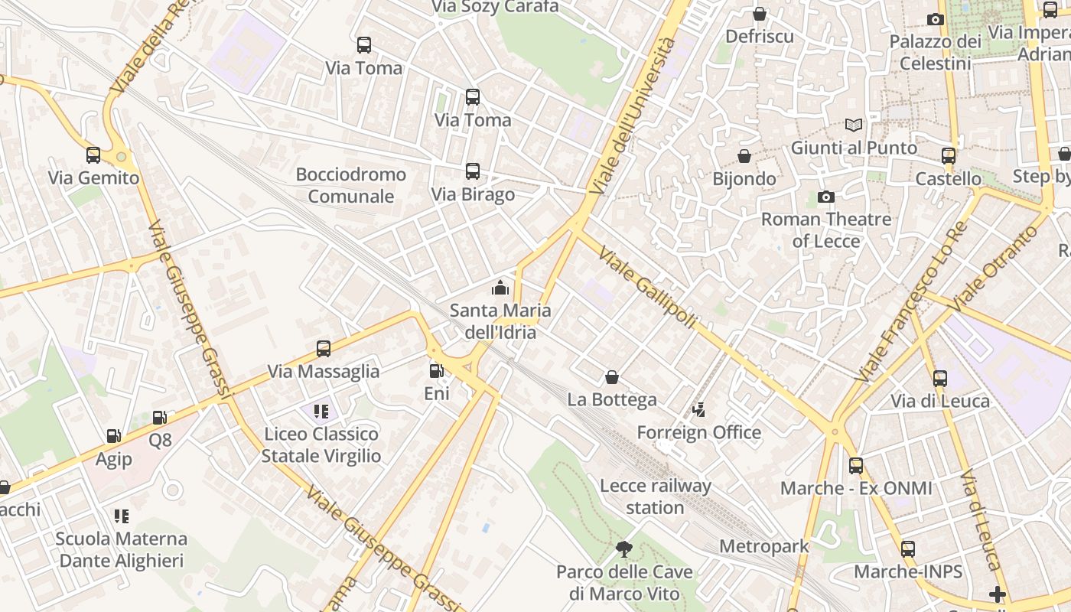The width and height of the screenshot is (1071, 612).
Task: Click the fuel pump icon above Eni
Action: coord(436,371)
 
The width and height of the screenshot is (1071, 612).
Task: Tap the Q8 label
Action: coord(160,440)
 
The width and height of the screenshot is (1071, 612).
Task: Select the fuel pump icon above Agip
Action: coord(113,436)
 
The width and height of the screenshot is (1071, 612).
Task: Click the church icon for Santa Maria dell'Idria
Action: coord(500,288)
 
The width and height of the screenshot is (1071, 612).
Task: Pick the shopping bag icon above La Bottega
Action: coord(612,377)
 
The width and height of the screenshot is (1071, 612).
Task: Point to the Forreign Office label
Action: coord(698,432)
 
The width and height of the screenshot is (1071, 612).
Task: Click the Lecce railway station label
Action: coord(655,496)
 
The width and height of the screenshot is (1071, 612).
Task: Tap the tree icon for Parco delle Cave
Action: coord(624,549)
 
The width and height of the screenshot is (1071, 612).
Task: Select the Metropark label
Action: coord(763,546)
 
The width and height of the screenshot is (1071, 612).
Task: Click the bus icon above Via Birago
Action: coord(473,171)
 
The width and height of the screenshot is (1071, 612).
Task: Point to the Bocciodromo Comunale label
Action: coord(351,185)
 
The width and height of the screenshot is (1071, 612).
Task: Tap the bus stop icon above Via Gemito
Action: coord(93,155)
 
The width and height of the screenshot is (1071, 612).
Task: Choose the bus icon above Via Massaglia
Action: coord(324,349)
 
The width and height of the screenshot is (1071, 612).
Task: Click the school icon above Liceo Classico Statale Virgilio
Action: coord(321,412)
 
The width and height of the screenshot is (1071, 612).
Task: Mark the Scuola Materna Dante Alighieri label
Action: coord(122,549)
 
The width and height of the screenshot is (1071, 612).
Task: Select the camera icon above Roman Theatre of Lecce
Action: coord(826,197)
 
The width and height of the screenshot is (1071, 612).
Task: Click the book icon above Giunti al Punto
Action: coord(854,125)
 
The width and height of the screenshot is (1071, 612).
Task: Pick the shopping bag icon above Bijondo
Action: coord(744,156)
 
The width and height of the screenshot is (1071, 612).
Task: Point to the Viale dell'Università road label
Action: coord(634,115)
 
